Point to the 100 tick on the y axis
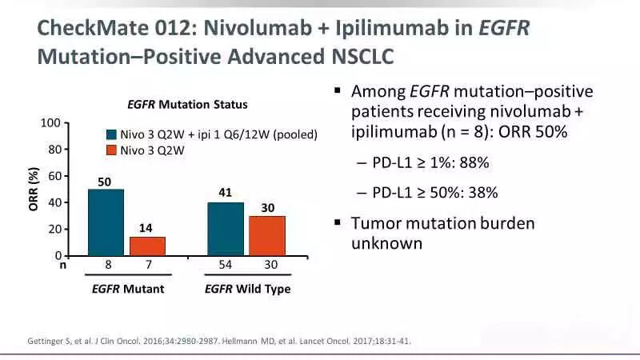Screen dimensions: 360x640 [x=50, y=123]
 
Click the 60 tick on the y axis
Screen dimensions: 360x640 [x=54, y=176]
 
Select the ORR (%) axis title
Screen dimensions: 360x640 [x=34, y=190]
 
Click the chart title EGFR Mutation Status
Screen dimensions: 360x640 [x=187, y=105]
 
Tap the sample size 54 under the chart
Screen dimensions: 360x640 [x=225, y=266]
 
